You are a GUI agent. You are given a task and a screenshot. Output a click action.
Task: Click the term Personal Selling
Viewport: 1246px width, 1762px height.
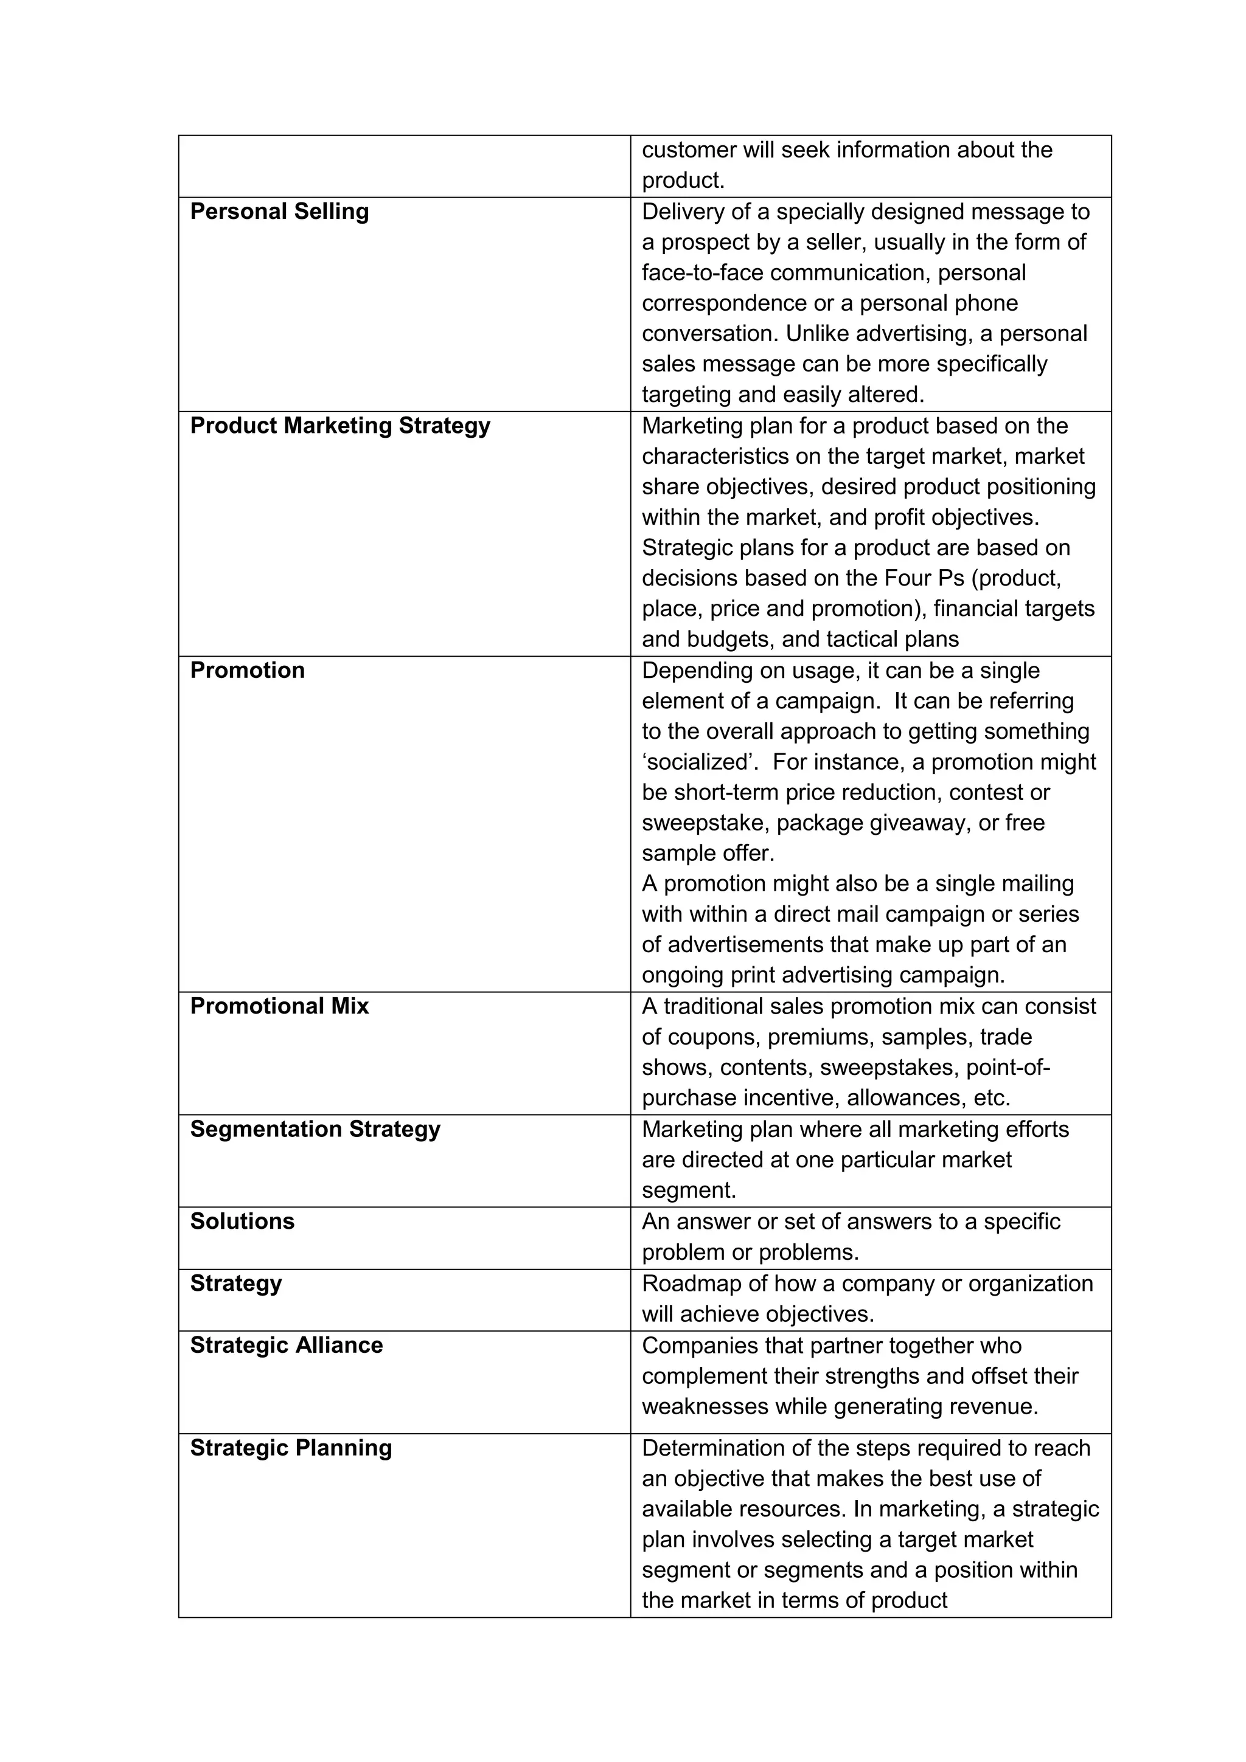click(x=279, y=212)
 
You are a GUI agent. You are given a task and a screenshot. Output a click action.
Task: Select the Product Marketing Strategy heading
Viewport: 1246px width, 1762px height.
click(x=340, y=426)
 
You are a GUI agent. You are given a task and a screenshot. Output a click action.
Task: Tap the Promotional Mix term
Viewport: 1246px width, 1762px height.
click(x=279, y=1006)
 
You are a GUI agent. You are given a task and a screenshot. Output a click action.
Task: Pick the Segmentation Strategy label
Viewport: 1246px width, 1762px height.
click(x=315, y=1129)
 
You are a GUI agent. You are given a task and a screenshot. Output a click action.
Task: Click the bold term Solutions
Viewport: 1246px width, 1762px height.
click(x=242, y=1221)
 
